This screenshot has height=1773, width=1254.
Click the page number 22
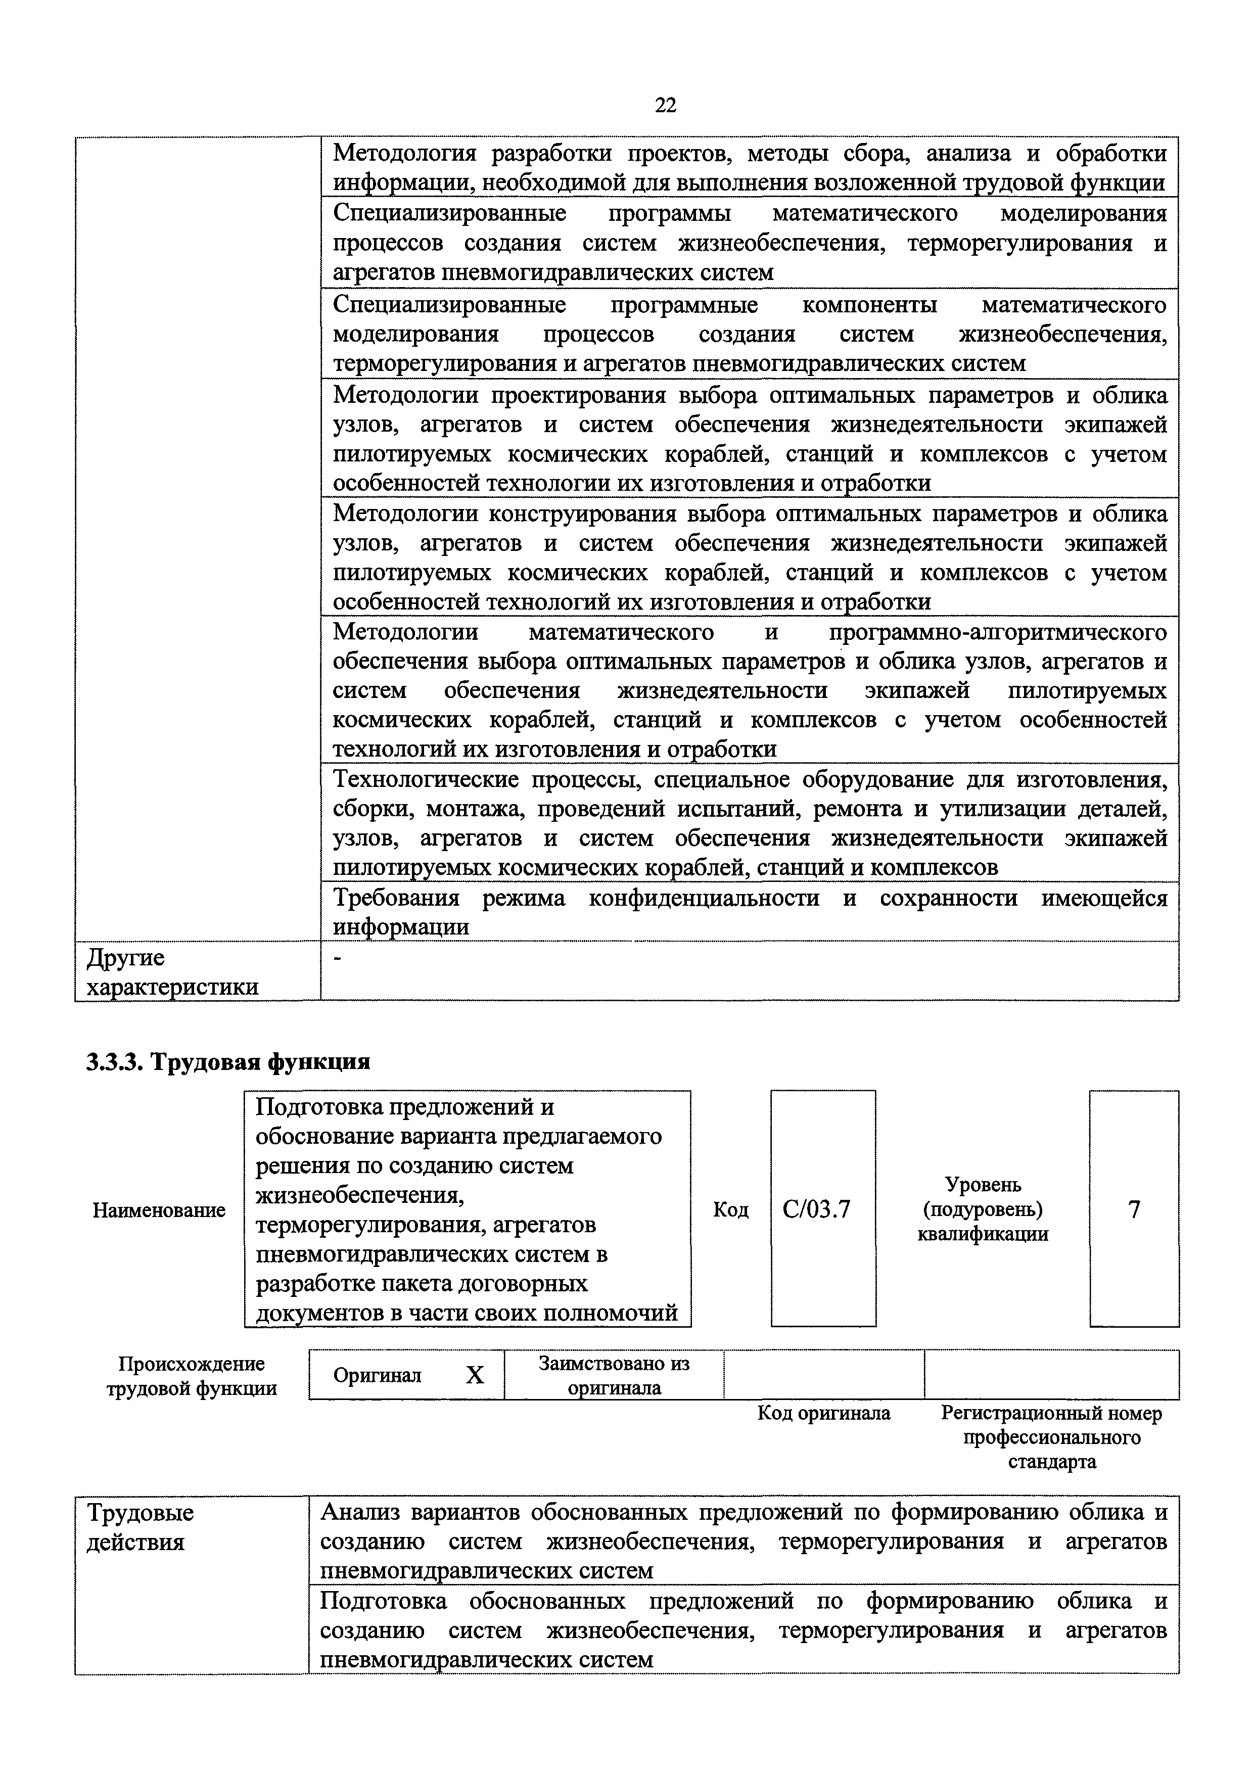[666, 106]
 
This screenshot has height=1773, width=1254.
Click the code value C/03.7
[816, 1209]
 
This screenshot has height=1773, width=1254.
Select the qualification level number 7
[1134, 1209]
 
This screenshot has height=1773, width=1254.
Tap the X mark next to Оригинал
[475, 1375]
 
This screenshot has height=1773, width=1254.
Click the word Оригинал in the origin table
[378, 1375]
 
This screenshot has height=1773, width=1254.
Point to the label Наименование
[159, 1210]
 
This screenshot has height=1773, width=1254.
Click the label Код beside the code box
[730, 1209]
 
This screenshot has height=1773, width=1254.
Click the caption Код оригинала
[823, 1413]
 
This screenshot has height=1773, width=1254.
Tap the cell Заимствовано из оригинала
[614, 1375]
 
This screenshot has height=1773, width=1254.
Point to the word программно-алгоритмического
[998, 632]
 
